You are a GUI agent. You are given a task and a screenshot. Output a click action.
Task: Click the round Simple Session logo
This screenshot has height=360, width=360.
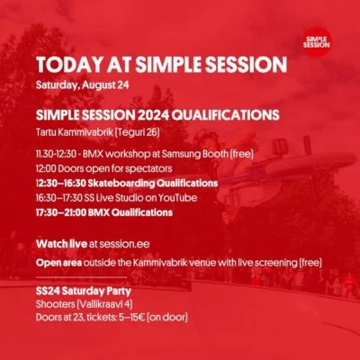pos(317,41)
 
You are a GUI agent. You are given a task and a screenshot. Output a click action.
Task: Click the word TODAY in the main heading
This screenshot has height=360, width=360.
pos(69,64)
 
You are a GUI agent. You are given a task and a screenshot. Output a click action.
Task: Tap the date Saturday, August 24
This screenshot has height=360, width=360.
pos(83,85)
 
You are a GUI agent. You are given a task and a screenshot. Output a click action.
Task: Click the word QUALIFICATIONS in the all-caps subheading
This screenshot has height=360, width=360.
pos(226,115)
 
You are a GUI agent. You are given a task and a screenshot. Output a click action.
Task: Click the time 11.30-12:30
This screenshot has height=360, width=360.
pos(56,154)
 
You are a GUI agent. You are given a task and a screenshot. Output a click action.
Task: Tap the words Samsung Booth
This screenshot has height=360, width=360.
pos(194,154)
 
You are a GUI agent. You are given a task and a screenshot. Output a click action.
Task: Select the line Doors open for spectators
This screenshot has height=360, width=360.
pos(115,168)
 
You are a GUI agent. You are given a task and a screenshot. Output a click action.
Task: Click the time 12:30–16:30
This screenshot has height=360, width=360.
pos(61,183)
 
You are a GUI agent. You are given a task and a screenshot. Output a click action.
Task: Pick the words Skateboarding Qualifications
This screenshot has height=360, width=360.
pos(153,183)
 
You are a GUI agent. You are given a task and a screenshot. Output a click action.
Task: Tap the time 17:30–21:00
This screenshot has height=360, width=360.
pos(61,212)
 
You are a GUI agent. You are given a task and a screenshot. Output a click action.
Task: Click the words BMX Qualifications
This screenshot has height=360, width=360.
pos(130,212)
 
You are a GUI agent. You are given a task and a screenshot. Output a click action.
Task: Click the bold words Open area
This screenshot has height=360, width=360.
pos(58,263)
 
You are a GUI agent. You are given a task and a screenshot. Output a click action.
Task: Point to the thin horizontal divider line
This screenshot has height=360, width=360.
pos(82,277)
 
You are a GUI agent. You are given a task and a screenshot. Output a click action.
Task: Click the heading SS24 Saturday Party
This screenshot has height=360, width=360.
pos(84,291)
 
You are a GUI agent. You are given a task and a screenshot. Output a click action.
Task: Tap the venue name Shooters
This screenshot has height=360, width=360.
pos(56,304)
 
